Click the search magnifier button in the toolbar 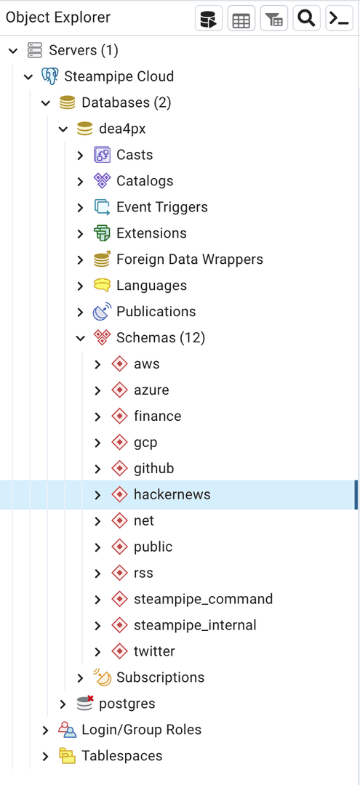click(306, 18)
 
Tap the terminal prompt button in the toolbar click(340, 18)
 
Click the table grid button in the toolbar click(241, 18)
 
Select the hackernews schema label click(172, 495)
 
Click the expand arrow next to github click(97, 469)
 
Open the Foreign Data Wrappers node click(190, 259)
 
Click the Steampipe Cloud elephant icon click(49, 76)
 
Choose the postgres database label click(127, 704)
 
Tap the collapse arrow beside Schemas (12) click(80, 338)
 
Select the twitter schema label click(154, 651)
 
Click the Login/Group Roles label click(142, 730)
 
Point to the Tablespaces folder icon click(67, 756)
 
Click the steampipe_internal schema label click(195, 625)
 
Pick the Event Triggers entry click(162, 207)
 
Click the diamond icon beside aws click(119, 364)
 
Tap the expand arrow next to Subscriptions click(80, 678)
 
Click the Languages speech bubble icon click(102, 286)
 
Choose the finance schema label click(158, 416)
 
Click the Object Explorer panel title click(58, 17)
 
